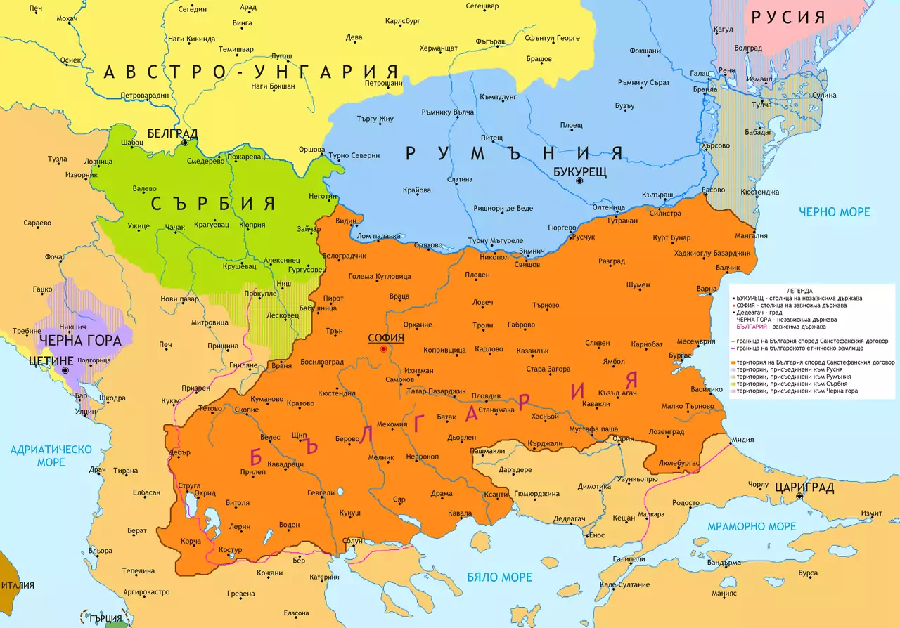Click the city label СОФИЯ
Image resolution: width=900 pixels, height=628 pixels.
coord(386,338)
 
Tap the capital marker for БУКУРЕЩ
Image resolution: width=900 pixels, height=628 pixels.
coord(579,181)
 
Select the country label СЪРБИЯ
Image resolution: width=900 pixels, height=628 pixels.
coord(212,204)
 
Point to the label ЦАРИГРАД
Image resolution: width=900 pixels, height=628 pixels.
coord(804,487)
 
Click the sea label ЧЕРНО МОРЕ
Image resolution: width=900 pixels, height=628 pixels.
coord(834,211)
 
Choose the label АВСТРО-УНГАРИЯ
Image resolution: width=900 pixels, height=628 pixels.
coord(250,72)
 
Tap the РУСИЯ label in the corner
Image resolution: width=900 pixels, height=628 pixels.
coord(787,17)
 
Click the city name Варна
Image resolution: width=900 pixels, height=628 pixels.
coord(706,289)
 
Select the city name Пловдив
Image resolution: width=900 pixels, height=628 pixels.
coord(486,396)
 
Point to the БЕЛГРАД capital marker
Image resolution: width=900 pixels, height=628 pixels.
coord(185,142)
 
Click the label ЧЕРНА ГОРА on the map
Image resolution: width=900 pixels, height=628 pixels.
coord(80,341)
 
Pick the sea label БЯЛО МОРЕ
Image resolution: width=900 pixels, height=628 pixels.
coord(500,577)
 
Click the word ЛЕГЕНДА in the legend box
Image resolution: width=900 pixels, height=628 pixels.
coord(799,291)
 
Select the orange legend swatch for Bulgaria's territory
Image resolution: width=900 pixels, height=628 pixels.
coord(733,362)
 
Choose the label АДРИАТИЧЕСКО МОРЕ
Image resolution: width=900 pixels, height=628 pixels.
coord(51,455)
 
